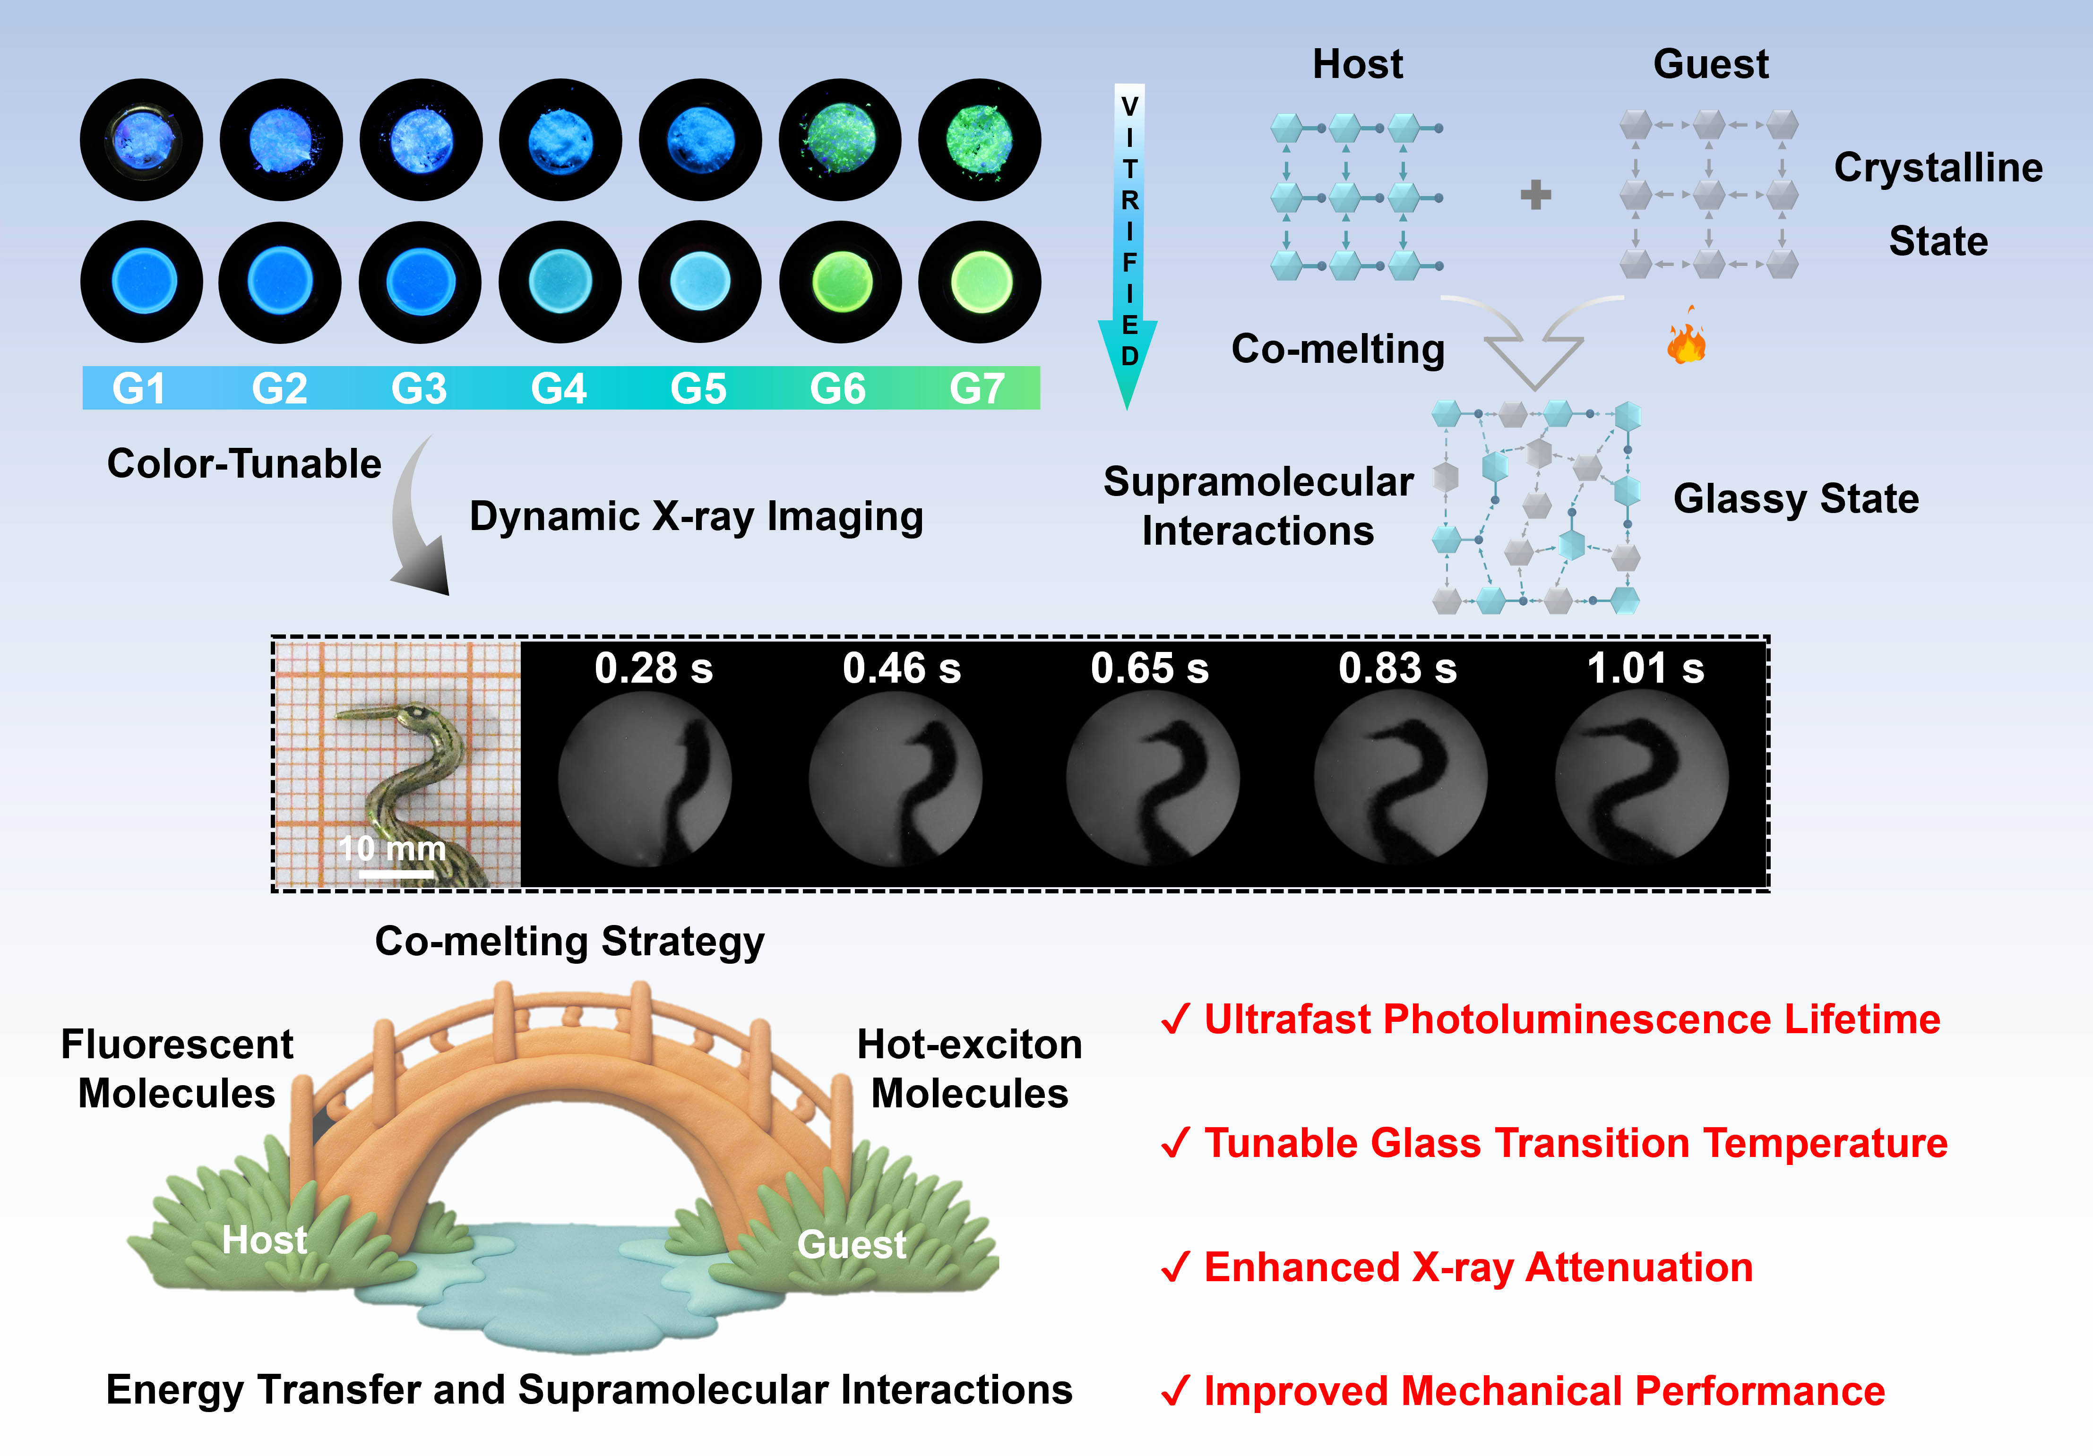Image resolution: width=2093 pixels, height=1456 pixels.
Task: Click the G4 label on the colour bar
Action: coord(558,389)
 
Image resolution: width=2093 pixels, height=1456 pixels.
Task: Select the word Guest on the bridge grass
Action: coord(852,1244)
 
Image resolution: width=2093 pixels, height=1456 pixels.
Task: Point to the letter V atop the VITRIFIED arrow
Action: coord(1129,107)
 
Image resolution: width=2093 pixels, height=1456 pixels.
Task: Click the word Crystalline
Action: coord(1938,168)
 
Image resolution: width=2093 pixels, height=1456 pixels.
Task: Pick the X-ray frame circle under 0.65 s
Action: coord(1152,777)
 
